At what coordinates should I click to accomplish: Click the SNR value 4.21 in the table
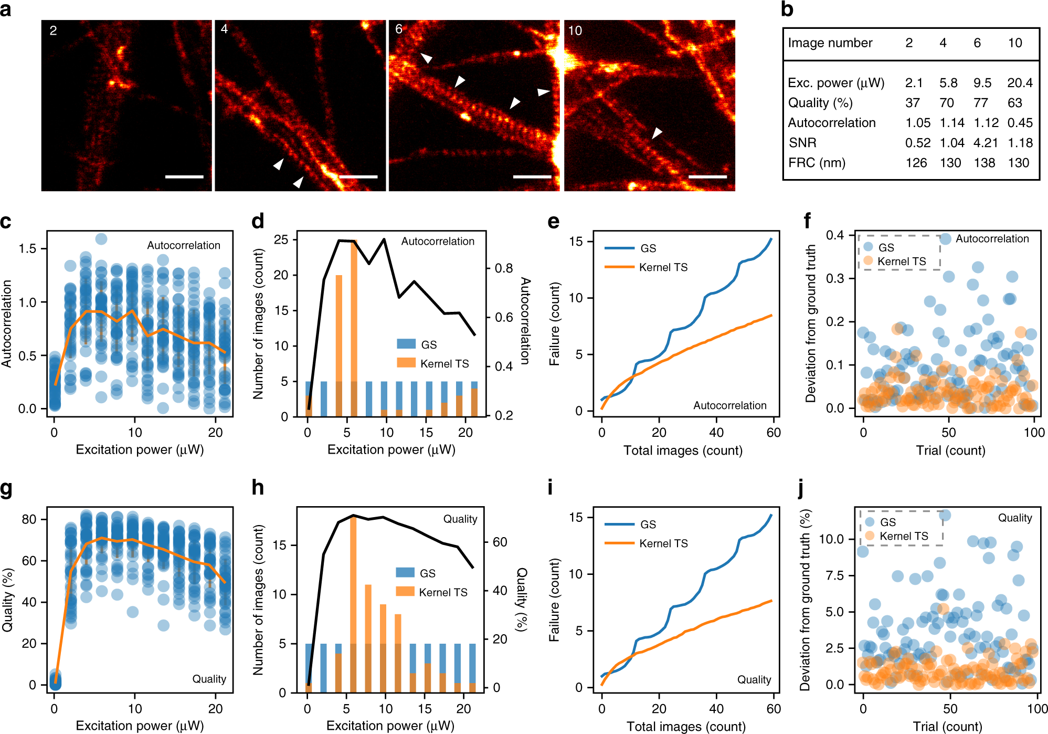(985, 143)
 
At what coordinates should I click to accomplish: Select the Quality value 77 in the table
(980, 103)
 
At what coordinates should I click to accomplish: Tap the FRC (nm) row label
(817, 163)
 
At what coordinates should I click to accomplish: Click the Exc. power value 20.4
(1020, 83)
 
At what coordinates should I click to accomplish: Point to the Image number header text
(830, 43)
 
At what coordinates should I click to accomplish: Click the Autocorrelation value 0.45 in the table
(1020, 123)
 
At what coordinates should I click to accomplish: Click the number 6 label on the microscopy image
(399, 29)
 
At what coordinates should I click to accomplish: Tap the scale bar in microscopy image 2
(184, 176)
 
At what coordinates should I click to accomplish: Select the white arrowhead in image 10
(657, 133)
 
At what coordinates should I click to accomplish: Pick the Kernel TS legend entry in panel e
(646, 267)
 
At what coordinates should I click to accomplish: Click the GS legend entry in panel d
(417, 344)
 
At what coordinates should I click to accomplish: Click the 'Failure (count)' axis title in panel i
(554, 600)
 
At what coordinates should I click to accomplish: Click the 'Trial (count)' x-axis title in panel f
(950, 450)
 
